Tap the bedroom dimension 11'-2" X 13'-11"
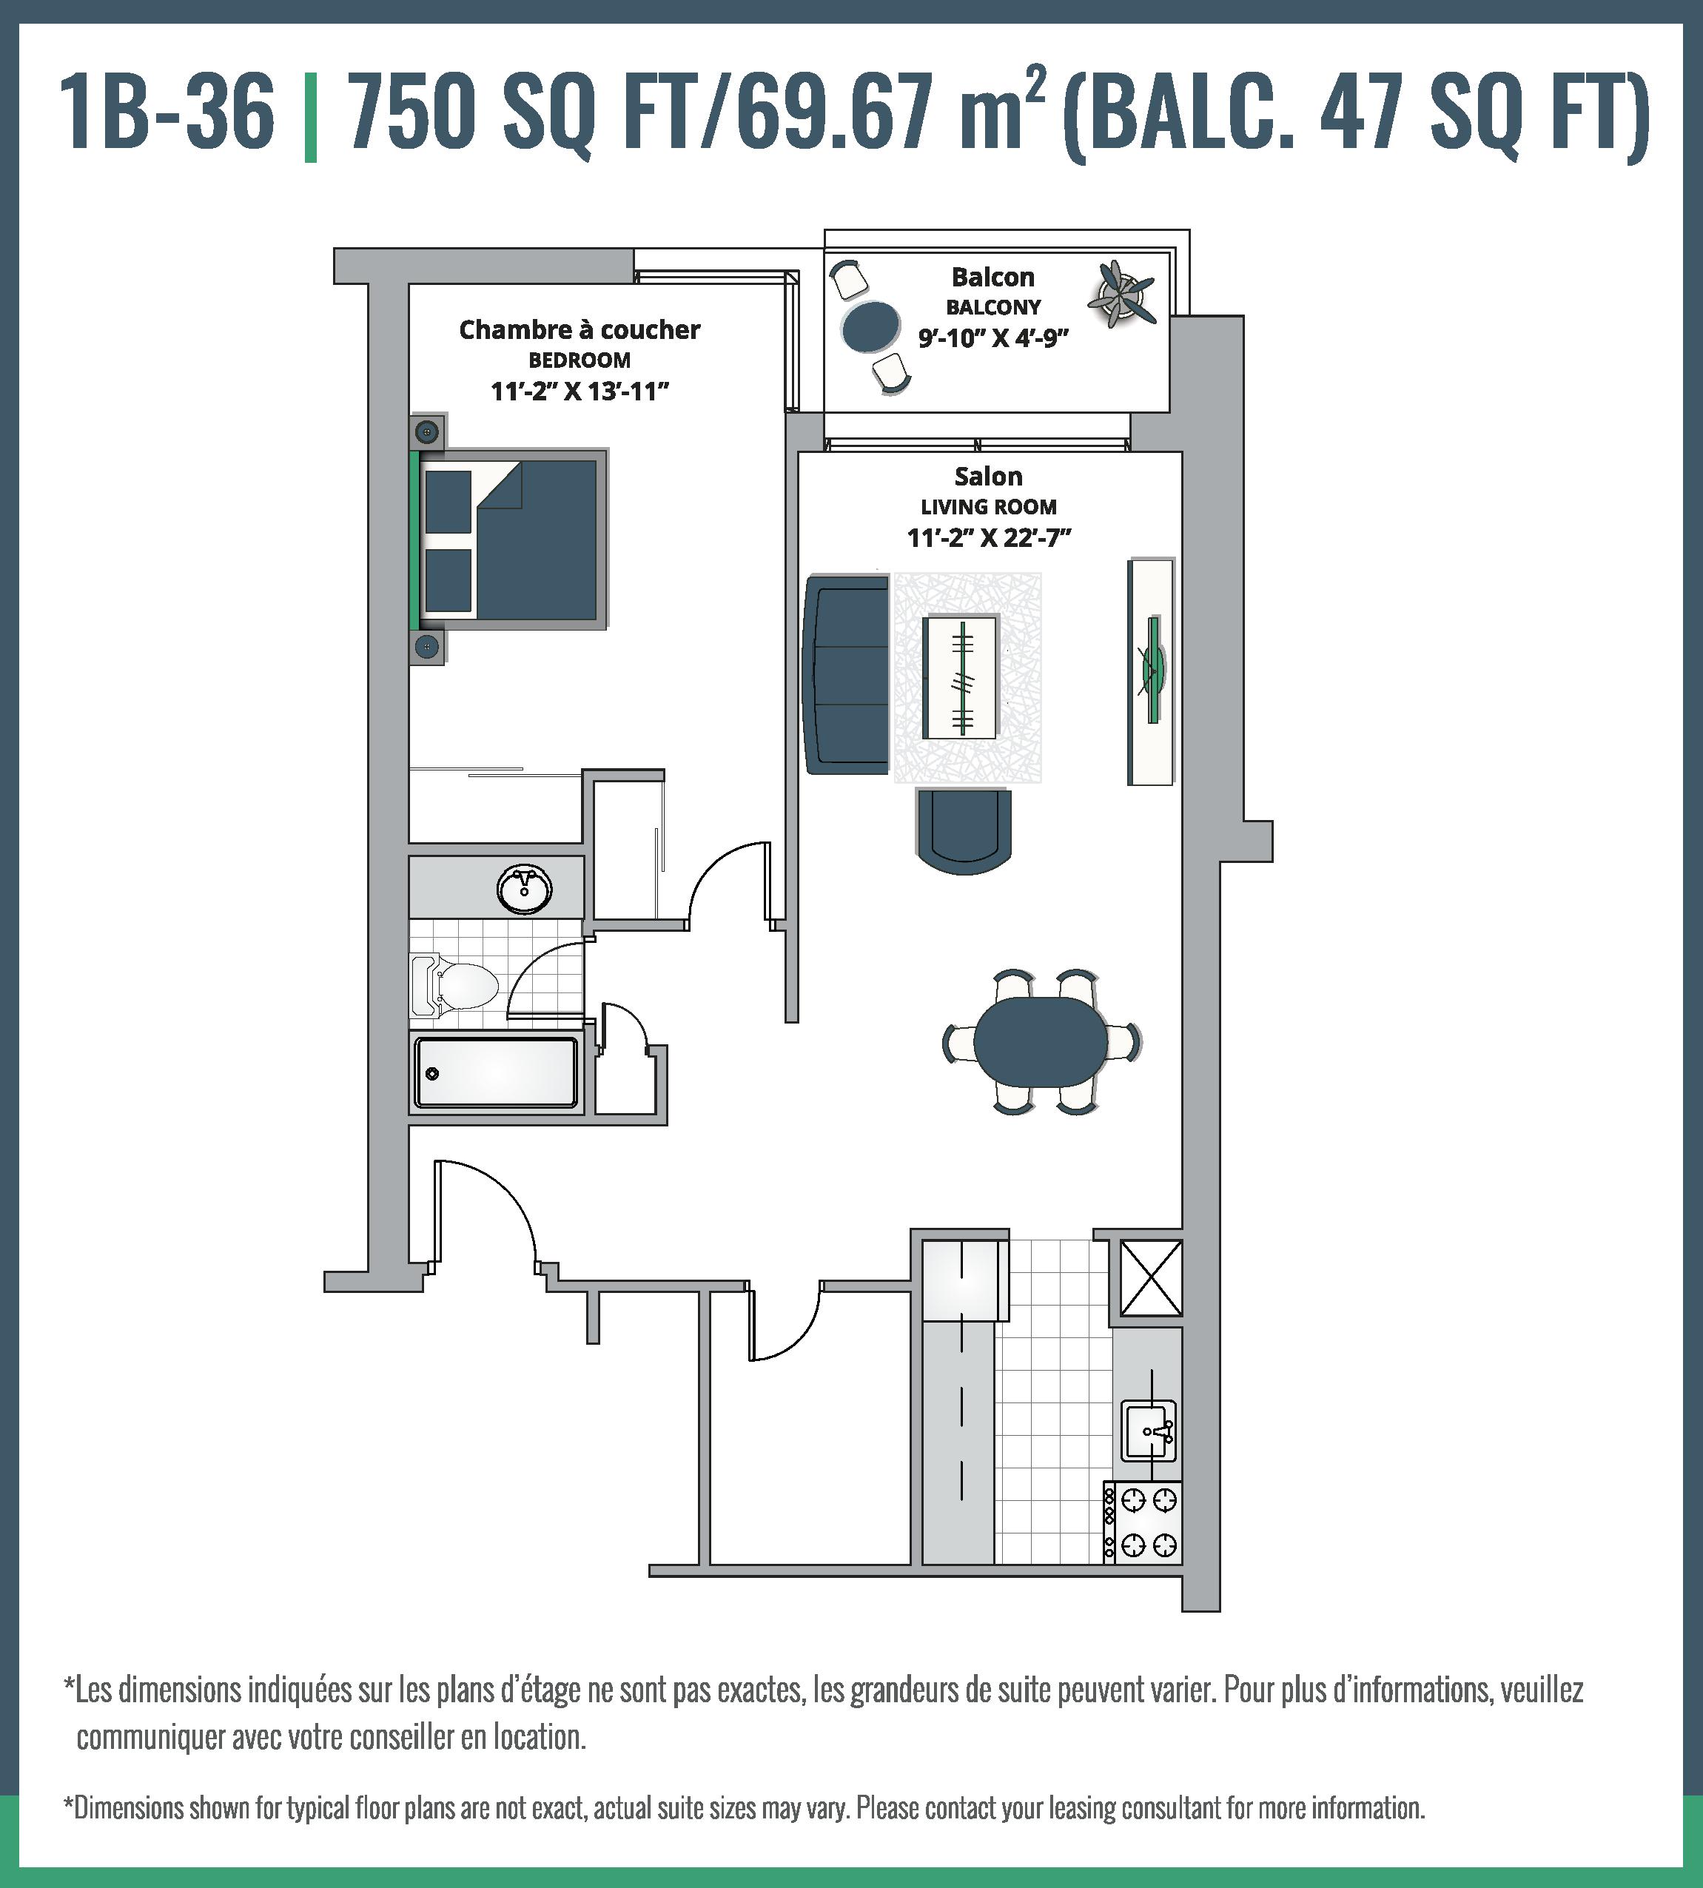(580, 391)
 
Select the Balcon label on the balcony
(992, 277)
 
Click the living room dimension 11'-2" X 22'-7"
(989, 538)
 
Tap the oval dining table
(1040, 1041)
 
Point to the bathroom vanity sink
(525, 888)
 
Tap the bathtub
(496, 1072)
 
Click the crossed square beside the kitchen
(1151, 1278)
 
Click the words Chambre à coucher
(580, 329)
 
